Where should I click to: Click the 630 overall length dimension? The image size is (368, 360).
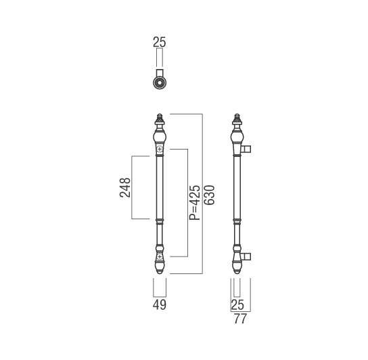pyautogui.click(x=209, y=195)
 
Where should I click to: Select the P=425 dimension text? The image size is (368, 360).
pyautogui.click(x=195, y=202)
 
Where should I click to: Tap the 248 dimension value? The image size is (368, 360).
pyautogui.click(x=125, y=187)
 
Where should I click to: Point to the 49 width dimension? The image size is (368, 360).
pyautogui.click(x=160, y=305)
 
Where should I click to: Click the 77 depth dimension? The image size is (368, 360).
pyautogui.click(x=241, y=319)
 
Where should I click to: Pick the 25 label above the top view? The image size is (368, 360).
pyautogui.click(x=160, y=43)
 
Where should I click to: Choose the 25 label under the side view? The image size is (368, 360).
pyautogui.click(x=237, y=305)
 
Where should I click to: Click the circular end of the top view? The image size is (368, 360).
pyautogui.click(x=160, y=83)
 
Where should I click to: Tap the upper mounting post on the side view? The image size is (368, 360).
pyautogui.click(x=246, y=149)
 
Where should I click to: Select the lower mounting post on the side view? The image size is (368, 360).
pyautogui.click(x=246, y=256)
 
